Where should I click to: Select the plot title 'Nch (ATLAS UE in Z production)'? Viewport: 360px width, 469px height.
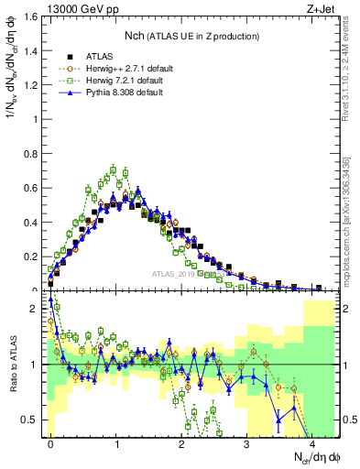tap(192, 35)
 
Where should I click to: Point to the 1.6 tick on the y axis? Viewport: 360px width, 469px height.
tap(34, 17)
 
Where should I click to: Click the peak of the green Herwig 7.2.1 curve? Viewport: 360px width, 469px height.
tap(114, 169)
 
